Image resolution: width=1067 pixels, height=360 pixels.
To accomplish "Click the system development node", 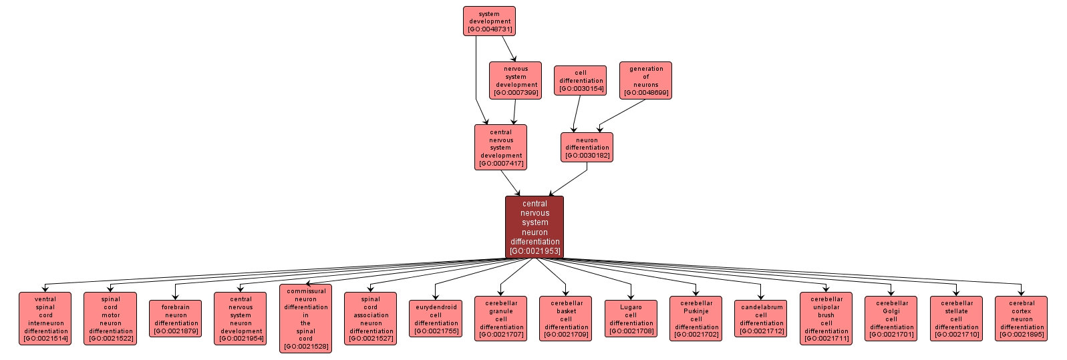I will [489, 21].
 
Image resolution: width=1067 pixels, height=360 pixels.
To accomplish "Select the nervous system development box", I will [515, 81].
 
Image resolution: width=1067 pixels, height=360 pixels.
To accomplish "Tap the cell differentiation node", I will [580, 81].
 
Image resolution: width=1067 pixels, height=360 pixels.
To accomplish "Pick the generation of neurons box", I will [645, 81].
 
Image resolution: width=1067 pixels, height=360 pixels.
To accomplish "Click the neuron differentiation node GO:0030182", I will [587, 148].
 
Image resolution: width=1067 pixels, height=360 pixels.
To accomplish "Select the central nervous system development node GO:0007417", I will [500, 148].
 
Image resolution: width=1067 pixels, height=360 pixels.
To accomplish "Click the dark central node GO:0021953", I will [535, 227].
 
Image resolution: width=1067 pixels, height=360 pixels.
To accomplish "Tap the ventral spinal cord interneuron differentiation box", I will [45, 319].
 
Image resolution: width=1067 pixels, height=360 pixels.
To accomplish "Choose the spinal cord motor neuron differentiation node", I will [110, 319].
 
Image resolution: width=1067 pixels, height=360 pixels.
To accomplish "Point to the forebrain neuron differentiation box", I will [176, 319].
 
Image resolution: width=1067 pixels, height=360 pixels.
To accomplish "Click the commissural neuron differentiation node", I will [305, 319].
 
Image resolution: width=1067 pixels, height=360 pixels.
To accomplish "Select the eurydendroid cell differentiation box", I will [436, 319].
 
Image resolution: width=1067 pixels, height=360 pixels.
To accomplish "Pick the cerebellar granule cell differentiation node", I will [501, 319].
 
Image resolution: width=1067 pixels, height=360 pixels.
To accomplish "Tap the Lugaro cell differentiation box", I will [631, 319].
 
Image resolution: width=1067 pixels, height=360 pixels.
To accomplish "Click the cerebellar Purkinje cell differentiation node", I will [696, 319].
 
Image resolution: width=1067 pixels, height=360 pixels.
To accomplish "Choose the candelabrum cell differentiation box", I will [761, 319].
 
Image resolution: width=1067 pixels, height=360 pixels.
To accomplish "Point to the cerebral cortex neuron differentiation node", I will [1021, 319].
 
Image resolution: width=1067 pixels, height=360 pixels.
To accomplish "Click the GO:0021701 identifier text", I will [891, 335].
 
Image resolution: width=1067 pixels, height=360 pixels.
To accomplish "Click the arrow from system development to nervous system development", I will [508, 49].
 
